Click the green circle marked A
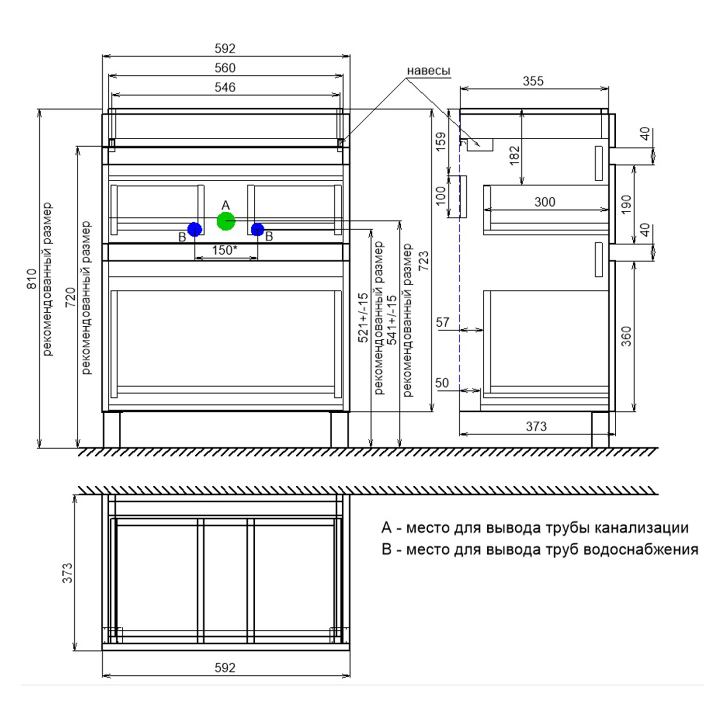[226, 221]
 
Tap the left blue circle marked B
[194, 229]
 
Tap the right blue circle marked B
[258, 229]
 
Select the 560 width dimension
[225, 68]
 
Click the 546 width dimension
[225, 87]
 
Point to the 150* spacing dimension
[225, 250]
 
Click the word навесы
[428, 71]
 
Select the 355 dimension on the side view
[533, 81]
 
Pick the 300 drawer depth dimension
[545, 202]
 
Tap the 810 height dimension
[32, 279]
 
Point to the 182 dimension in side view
[514, 156]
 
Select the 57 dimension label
[442, 322]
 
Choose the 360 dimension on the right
[626, 336]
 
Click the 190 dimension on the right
[626, 204]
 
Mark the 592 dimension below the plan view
[225, 668]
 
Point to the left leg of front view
[112, 430]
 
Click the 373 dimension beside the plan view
[67, 573]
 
